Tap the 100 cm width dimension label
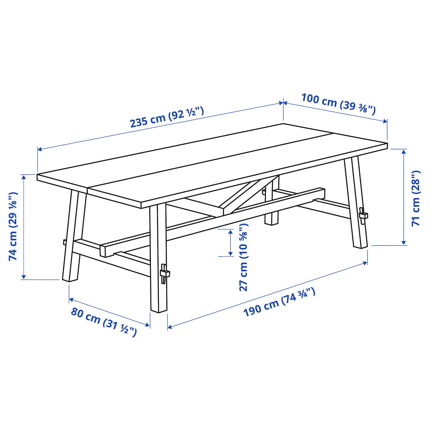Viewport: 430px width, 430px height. (x=338, y=104)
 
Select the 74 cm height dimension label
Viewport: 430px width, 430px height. (x=13, y=226)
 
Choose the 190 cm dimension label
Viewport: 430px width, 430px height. (x=279, y=302)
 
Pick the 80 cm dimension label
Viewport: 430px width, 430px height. (x=104, y=322)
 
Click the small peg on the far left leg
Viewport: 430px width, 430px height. (x=65, y=242)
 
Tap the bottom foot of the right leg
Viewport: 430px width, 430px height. (x=360, y=244)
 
